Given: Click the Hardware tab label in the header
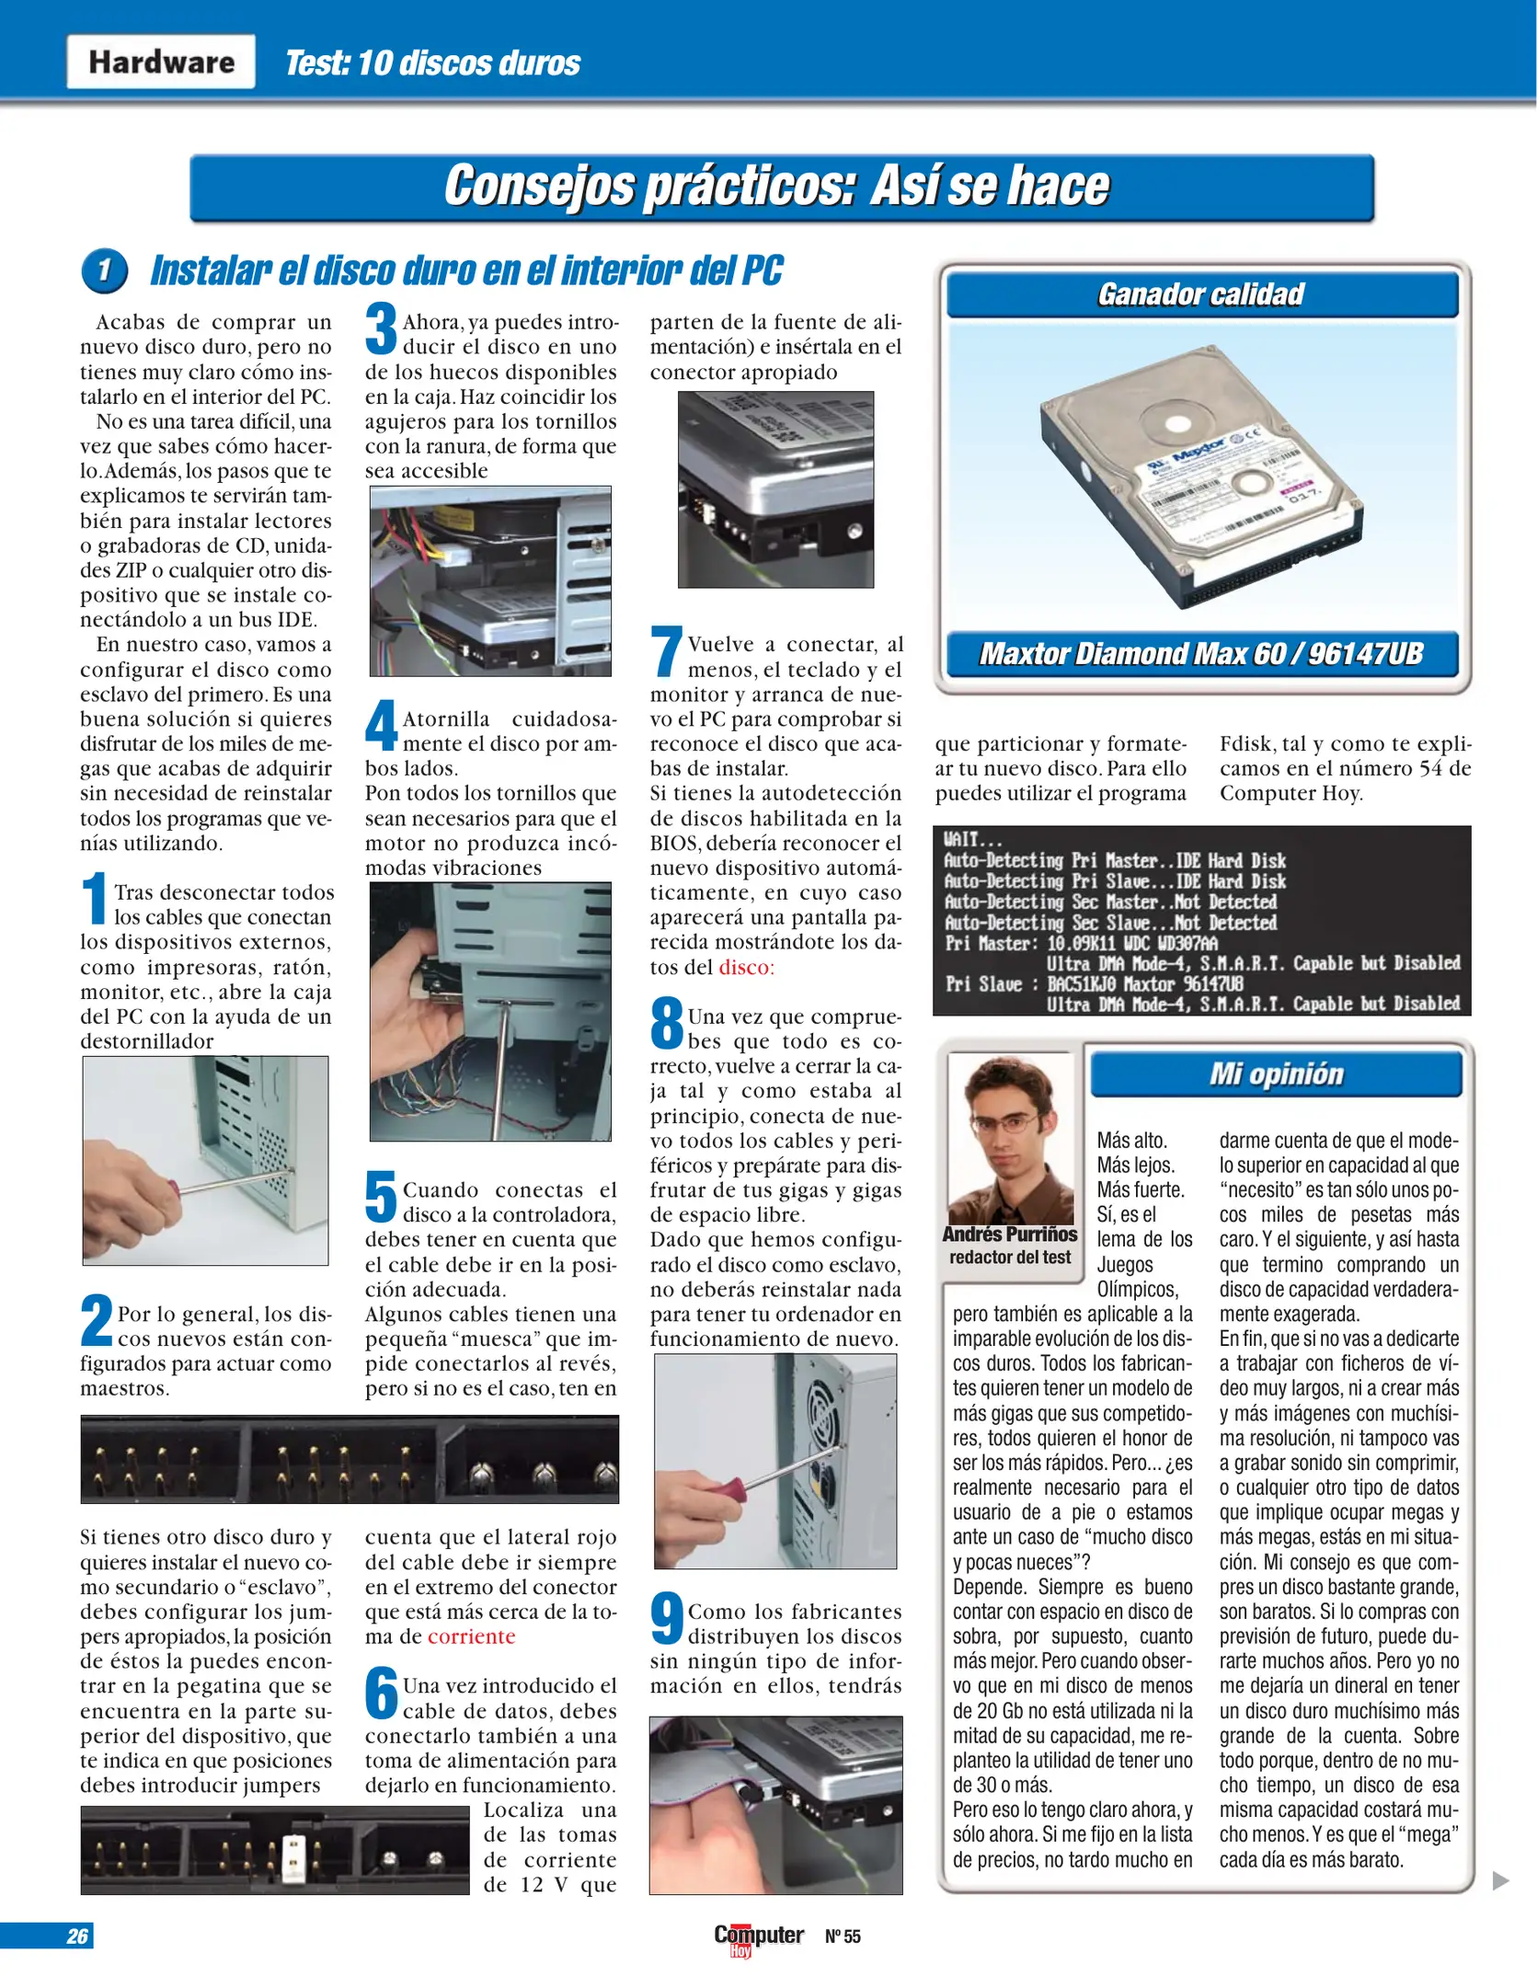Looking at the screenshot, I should pos(161,62).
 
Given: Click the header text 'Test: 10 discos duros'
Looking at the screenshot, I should pos(431,63).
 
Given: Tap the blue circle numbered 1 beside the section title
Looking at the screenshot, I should pos(104,270).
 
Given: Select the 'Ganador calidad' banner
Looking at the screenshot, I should pos(1201,294).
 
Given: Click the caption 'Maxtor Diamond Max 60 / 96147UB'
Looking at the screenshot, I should pos(1201,654).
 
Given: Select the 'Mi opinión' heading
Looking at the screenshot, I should pos(1276,1074).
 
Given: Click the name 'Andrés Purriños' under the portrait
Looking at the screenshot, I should pos(1009,1235).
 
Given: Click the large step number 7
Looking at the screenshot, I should pos(666,651).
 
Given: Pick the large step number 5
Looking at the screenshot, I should pos(381,1196).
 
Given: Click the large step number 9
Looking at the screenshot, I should pos(666,1618).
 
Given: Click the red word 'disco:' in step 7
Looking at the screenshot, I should pos(746,967).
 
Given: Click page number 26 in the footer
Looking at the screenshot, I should pos(77,1935).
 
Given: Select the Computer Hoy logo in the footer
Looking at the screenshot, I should pos(758,1936).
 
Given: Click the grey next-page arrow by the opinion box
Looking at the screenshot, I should pos(1500,1880).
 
